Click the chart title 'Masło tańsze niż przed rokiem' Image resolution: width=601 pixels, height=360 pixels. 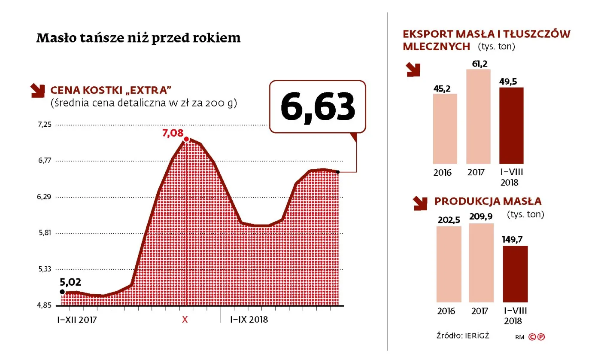tap(138, 38)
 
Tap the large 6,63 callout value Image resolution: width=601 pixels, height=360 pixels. tap(318, 106)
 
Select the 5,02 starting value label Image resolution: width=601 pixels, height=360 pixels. tap(70, 282)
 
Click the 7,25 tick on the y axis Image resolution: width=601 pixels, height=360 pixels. tap(44, 125)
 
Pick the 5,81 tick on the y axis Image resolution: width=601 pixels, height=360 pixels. tap(44, 233)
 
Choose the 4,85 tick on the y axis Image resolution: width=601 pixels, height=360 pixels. tap(44, 305)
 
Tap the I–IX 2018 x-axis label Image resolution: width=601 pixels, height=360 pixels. tap(249, 320)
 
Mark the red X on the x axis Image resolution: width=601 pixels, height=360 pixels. tap(185, 320)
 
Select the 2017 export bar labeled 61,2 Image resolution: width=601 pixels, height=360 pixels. tap(478, 116)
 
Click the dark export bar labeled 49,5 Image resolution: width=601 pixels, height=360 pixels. tap(511, 125)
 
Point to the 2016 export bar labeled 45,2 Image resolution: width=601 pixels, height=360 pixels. tap(445, 128)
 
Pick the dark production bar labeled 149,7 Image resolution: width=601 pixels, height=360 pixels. tap(515, 274)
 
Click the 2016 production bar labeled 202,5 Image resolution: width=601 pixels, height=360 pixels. tap(449, 264)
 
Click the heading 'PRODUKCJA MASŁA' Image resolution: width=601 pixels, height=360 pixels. tap(488, 201)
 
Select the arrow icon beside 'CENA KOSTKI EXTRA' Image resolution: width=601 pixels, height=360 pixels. tap(38, 89)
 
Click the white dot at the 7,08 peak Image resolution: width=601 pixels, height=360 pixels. tap(186, 139)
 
